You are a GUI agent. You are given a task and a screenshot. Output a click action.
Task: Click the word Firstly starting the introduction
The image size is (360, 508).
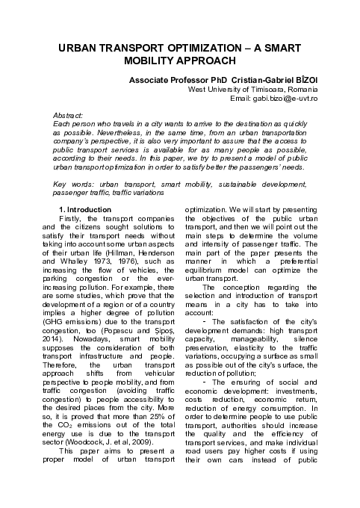(72, 218)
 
